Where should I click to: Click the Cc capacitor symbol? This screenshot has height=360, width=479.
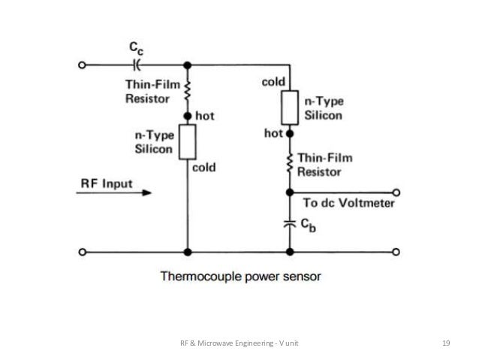click(136, 65)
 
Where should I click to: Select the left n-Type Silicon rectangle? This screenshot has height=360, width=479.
click(186, 142)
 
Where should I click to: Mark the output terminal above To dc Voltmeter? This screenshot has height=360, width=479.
click(396, 191)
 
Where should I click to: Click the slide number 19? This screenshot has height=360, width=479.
click(446, 343)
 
